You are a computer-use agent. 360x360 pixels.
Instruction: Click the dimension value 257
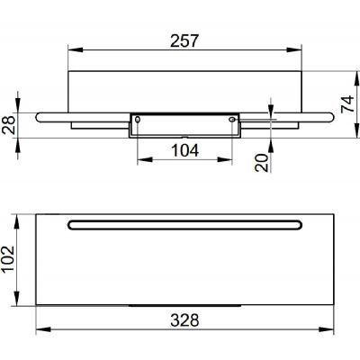coord(184,40)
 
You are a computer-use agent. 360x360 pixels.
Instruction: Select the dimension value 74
coord(347,104)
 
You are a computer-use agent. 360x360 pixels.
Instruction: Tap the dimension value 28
coord(9,125)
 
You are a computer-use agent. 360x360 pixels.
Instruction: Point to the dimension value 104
coord(184,150)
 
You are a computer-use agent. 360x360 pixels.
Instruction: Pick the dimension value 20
coord(262,162)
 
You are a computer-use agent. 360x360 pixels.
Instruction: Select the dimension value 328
coord(184,320)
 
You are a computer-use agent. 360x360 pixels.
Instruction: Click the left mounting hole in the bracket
coord(138,120)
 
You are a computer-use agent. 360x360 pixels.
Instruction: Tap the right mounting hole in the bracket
coord(232,120)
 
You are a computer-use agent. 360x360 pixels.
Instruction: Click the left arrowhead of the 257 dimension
coord(76,49)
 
